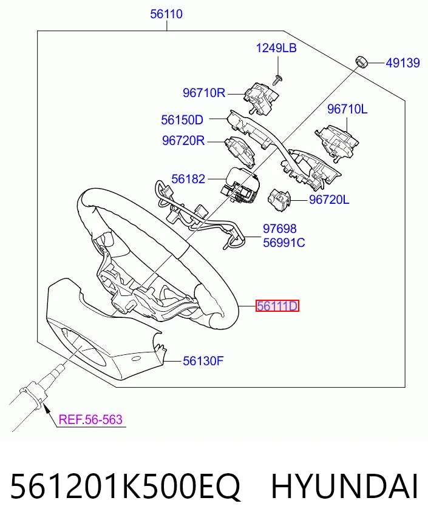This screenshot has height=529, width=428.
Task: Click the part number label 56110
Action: point(166,14)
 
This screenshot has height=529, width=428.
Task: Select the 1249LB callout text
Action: point(276,48)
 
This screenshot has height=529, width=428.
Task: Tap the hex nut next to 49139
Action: point(361,62)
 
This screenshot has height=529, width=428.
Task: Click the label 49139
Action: point(403,62)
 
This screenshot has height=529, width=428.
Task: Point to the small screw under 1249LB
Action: point(278,80)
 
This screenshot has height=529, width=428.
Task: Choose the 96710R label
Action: point(204,93)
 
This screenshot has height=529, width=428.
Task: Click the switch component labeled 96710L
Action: point(336,142)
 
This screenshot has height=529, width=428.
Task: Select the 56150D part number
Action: point(182,120)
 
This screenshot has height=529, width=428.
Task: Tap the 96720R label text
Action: point(183,140)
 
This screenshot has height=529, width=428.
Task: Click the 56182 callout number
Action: point(188,179)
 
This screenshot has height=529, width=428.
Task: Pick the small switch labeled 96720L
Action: point(279,200)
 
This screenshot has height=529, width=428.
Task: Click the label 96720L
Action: point(329,200)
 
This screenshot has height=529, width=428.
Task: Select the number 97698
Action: point(279,229)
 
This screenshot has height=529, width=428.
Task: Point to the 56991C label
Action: point(284,243)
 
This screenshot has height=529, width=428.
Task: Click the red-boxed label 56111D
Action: point(277,306)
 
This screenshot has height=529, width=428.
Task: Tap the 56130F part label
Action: point(203,361)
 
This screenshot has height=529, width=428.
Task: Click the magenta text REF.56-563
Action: point(90,419)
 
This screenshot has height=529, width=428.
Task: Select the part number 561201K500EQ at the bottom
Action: point(125,486)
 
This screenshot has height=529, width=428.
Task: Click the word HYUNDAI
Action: point(344,486)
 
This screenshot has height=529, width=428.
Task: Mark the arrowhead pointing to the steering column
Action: point(47,409)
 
